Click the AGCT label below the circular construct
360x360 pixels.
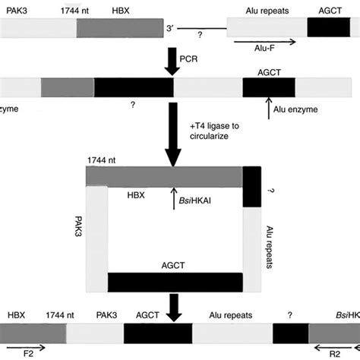pyautogui.click(x=174, y=266)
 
